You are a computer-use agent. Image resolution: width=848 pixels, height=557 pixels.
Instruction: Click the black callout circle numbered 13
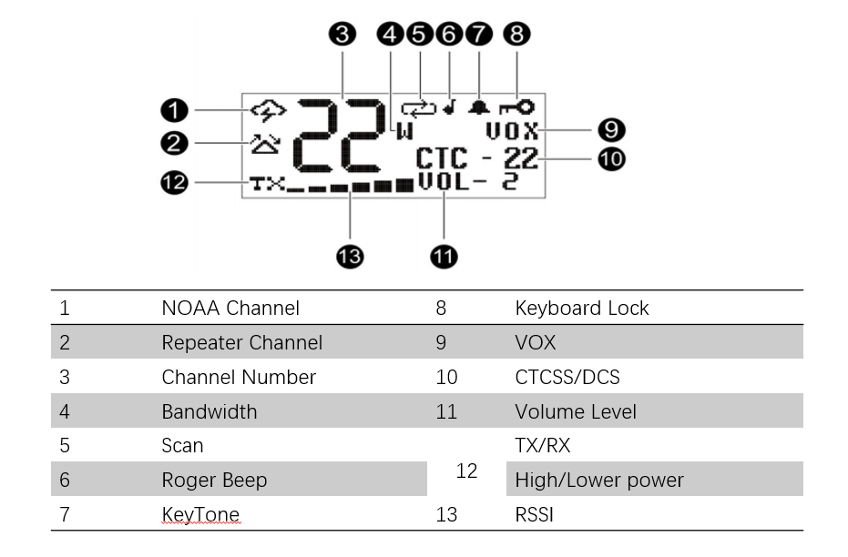pos(350,256)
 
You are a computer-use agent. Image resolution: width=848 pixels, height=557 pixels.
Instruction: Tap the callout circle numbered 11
pos(444,256)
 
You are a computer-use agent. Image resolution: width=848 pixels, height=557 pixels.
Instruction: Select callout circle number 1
pos(174,110)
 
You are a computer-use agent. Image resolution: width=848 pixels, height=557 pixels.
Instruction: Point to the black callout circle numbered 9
pos(612,129)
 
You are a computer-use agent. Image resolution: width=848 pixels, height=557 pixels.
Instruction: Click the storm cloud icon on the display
pos(268,110)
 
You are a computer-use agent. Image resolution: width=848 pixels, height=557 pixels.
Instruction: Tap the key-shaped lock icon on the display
pos(517,107)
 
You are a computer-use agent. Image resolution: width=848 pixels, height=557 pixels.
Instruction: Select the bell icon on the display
pos(479,107)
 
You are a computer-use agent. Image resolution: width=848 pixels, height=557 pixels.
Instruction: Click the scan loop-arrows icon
pos(419,109)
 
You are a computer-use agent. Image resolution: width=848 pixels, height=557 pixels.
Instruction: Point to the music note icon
pos(449,107)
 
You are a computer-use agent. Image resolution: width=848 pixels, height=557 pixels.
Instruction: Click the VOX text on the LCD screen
pos(512,131)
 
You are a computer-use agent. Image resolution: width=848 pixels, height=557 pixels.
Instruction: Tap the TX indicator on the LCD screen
pos(267,184)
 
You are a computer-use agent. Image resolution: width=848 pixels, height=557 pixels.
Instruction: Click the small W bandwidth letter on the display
pos(404,131)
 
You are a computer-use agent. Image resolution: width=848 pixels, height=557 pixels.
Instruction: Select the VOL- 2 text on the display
pos(468,181)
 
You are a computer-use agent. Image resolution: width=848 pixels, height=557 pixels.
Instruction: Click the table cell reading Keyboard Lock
pos(582,308)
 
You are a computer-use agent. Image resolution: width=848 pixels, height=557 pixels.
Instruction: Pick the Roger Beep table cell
pos(214,480)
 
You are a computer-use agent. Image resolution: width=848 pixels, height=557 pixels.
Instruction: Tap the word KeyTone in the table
pos(200,514)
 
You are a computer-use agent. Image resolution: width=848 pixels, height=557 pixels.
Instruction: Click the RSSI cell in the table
pos(535,514)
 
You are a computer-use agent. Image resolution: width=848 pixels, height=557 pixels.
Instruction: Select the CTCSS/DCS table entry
pos(567,377)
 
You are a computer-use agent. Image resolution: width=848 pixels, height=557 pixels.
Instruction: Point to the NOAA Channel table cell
pos(230,308)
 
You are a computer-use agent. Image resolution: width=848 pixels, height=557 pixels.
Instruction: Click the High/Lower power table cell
pos(599,480)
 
